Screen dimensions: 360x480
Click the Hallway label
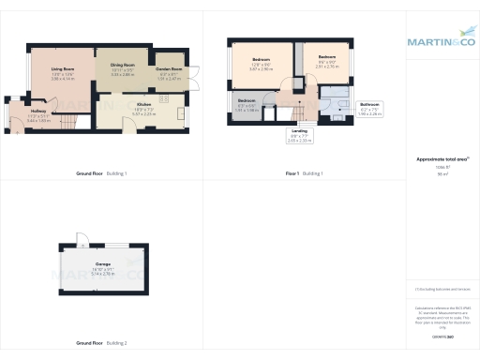(x=38, y=112)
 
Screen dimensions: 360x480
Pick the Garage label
(x=103, y=265)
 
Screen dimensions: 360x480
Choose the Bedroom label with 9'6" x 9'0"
(x=325, y=57)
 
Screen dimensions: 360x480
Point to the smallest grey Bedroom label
(x=246, y=99)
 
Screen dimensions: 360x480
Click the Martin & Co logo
(x=441, y=41)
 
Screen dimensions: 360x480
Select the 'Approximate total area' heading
(x=440, y=160)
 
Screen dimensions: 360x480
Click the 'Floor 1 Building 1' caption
(x=304, y=174)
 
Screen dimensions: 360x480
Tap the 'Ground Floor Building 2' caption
(x=101, y=341)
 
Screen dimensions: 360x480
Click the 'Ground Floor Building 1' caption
(x=101, y=174)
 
